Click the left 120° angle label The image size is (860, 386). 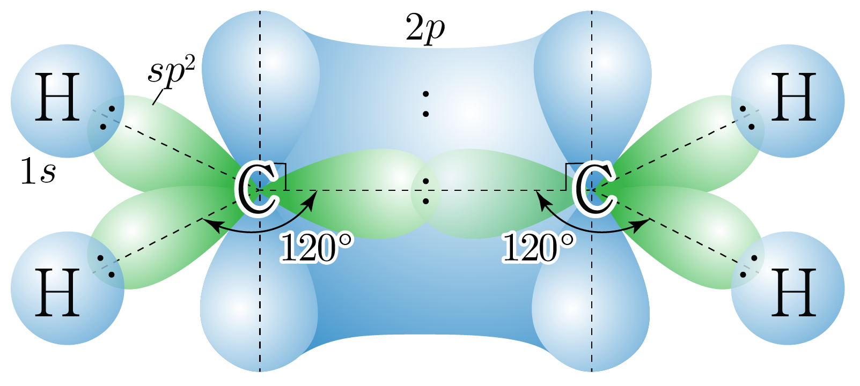(317, 248)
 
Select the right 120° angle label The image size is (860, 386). (539, 248)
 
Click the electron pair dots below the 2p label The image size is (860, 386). (425, 104)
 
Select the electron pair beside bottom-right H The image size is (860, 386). (748, 266)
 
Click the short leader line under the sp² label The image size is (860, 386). (159, 96)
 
